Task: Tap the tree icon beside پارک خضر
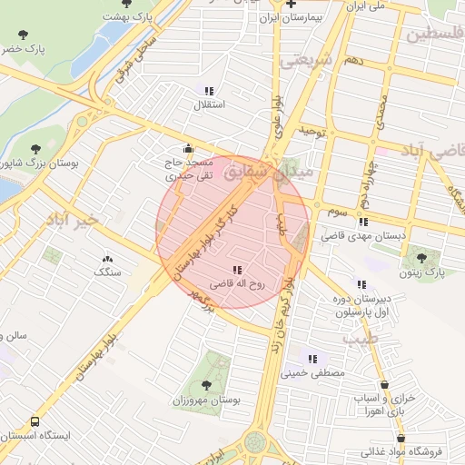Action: tap(23, 35)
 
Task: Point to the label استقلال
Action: tap(210, 104)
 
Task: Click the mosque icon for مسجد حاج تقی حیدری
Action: tap(188, 148)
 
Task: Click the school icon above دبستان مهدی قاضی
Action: tap(363, 222)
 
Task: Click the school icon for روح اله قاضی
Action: tap(237, 270)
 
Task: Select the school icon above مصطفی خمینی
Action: tap(313, 359)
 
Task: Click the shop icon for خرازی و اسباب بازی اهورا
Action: tap(386, 385)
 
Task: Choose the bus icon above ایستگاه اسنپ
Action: tap(35, 422)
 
